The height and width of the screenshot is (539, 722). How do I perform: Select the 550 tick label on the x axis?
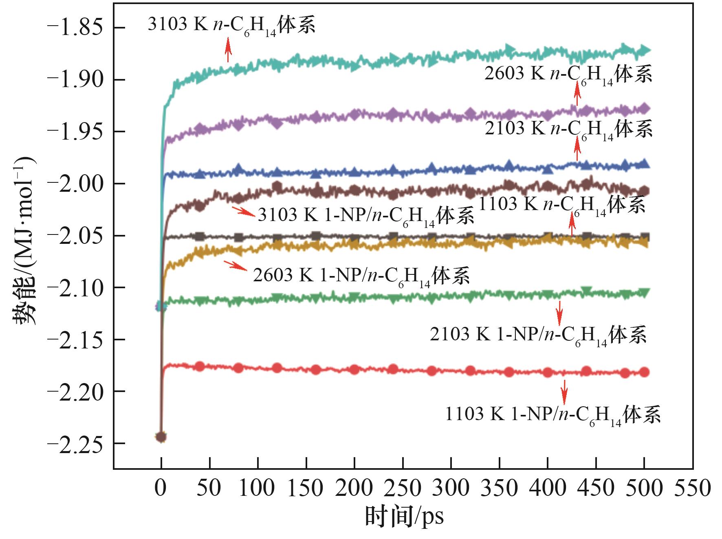[x=692, y=488]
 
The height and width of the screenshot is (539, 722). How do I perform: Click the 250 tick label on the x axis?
[x=403, y=488]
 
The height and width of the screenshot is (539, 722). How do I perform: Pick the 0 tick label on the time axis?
[x=161, y=488]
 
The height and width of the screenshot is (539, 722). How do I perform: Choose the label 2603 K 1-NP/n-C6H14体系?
[x=361, y=276]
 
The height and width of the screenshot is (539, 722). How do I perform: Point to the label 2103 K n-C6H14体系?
[x=568, y=129]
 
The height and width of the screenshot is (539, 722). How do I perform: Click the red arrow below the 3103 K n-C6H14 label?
[x=228, y=50]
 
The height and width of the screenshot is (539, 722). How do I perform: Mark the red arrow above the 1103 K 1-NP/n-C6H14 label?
[x=564, y=391]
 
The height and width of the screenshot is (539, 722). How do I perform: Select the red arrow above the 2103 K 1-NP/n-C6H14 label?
[x=559, y=313]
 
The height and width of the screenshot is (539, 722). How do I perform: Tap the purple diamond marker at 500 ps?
[x=645, y=109]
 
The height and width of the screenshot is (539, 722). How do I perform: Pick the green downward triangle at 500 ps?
[x=645, y=292]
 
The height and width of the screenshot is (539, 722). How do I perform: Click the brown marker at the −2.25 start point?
[x=161, y=437]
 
